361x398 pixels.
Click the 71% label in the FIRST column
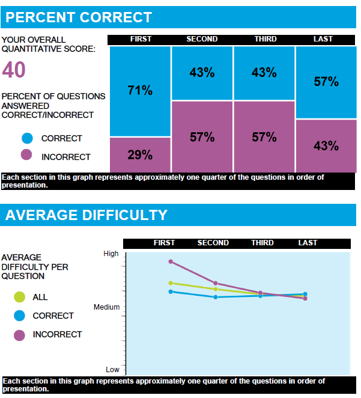click(x=140, y=91)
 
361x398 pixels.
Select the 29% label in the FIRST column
click(x=140, y=155)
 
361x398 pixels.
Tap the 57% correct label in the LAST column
click(x=326, y=82)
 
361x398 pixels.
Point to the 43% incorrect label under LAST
click(x=326, y=145)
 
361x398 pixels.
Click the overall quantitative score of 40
click(x=14, y=71)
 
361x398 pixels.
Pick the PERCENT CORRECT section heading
click(x=79, y=17)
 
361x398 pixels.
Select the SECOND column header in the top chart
click(x=202, y=39)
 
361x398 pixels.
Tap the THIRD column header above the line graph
click(x=262, y=243)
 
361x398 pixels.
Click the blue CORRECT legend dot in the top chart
click(x=26, y=138)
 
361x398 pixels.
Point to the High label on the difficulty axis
click(x=111, y=254)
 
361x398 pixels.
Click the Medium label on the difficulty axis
click(x=106, y=307)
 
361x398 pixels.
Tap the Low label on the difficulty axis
click(x=112, y=370)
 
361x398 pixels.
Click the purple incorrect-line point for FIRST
click(x=171, y=262)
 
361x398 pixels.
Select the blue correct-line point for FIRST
click(x=171, y=292)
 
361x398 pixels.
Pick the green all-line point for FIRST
click(x=171, y=283)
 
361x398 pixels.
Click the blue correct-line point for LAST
click(x=305, y=294)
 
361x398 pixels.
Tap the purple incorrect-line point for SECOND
click(x=216, y=283)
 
